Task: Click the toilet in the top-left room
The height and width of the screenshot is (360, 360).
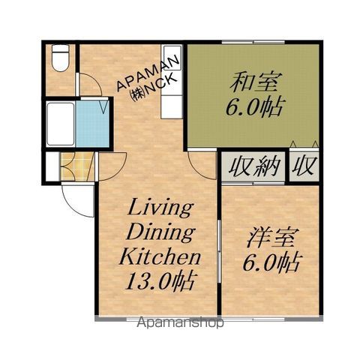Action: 60,58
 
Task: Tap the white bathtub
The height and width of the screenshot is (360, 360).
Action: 61,124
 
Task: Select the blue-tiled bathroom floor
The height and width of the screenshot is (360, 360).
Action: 92,124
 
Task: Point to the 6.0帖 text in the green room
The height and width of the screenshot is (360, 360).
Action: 255,106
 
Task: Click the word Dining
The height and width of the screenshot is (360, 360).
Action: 160,233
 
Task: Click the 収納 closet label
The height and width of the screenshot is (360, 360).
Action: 253,166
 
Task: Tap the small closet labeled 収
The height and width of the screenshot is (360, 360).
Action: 304,166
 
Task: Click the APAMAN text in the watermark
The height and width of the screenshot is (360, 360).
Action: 148,73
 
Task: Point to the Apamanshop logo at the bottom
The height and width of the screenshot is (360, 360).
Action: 180,322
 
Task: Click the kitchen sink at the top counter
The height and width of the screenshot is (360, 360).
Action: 172,58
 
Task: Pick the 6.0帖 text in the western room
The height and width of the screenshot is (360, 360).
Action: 271,262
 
